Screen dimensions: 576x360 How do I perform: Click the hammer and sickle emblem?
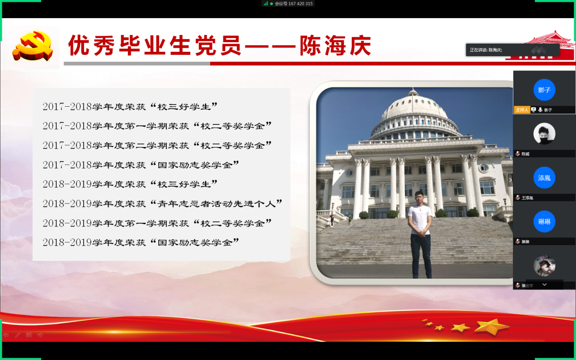coord(33,46)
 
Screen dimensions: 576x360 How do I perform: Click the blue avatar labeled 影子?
coord(544,90)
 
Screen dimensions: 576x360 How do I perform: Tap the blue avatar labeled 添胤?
coord(544,178)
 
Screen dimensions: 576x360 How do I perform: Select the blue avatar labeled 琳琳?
coord(544,222)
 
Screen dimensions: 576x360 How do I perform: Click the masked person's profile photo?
coord(544,133)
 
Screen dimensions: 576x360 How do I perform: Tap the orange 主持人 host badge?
coord(522,110)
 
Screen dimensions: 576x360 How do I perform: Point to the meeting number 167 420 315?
coord(300,4)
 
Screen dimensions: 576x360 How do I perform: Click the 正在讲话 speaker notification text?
coord(486,50)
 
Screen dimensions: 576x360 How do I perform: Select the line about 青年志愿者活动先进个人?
coord(162,204)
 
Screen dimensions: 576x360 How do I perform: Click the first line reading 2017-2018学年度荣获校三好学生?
coord(130,107)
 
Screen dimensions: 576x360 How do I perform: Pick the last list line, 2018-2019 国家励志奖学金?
coord(141,242)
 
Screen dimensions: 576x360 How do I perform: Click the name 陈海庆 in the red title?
coord(335,46)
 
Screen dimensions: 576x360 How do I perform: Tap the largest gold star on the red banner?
coord(492,326)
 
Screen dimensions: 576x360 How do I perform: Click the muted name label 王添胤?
coord(527,198)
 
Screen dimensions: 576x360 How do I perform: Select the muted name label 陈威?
coord(525,154)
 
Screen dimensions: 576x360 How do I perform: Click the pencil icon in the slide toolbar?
coord(18,335)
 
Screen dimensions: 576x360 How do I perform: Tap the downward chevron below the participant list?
coord(544,285)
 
